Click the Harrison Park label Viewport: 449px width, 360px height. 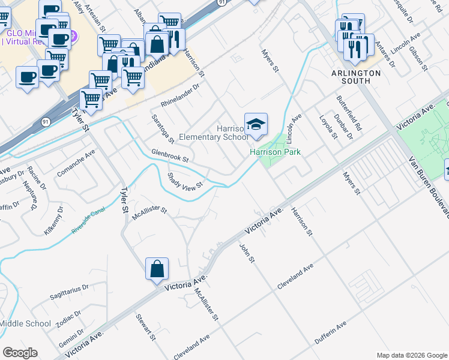275,152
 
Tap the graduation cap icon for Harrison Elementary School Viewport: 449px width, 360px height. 256,124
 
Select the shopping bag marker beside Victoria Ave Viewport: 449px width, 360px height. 157,269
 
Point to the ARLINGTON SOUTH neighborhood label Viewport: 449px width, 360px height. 357,77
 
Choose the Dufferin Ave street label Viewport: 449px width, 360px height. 330,334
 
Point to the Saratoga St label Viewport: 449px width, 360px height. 163,128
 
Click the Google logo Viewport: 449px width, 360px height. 20,353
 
